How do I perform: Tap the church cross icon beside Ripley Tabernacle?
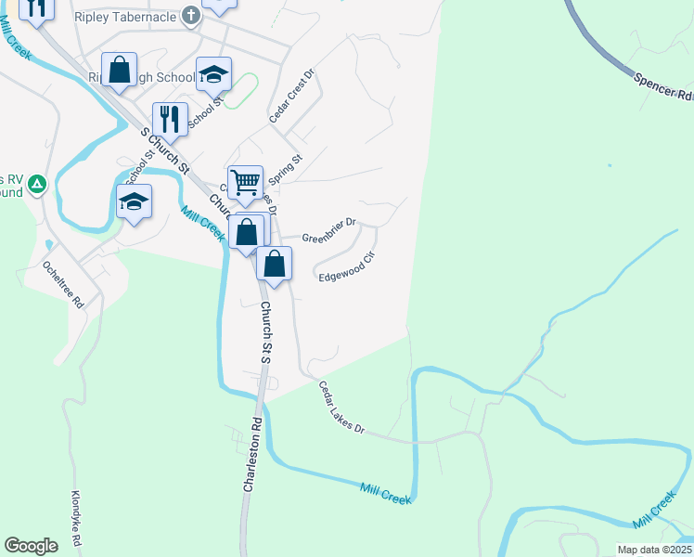191,16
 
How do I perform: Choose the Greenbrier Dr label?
328,228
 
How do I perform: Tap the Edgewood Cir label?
346,270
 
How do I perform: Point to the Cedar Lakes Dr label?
342,408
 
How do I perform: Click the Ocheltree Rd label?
64,284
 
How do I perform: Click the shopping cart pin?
245,181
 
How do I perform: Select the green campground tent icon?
37,185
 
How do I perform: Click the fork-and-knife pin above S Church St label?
170,119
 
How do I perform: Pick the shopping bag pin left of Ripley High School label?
120,70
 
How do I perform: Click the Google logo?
31,546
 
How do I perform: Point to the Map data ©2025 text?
654,550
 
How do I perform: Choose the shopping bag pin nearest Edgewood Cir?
275,264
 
